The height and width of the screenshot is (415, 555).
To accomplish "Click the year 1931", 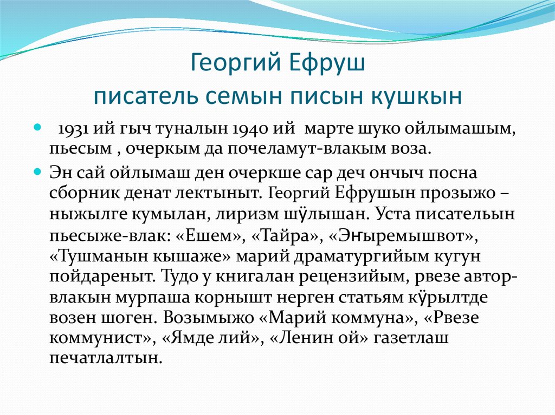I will [75, 130].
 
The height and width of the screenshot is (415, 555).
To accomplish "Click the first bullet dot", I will [38, 128].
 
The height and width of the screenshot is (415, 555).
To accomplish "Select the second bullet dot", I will [38, 171].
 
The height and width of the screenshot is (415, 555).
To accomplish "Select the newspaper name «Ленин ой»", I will [312, 338].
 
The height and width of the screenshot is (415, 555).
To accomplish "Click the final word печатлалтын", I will [106, 358].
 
